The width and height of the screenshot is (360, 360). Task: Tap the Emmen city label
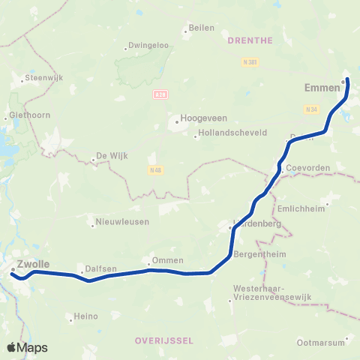coord(323,88)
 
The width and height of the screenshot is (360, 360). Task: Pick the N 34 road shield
coord(312,110)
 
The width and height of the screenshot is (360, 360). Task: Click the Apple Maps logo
coord(28,347)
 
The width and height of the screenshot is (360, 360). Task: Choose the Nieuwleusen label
coord(122,222)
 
